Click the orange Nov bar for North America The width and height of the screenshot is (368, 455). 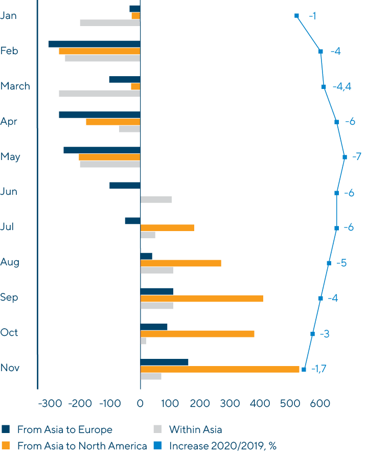tap(220, 369)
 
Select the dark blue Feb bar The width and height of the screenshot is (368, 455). tap(94, 44)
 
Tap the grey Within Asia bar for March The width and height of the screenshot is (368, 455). tap(99, 94)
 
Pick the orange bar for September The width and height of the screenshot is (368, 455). tap(201, 299)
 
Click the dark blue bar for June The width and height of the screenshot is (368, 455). tap(125, 185)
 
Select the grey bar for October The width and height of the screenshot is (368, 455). tap(143, 341)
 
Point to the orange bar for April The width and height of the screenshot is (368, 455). tap(113, 122)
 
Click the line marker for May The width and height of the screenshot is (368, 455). tap(344, 157)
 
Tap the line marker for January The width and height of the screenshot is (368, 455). tap(296, 15)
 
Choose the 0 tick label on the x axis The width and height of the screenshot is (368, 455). tap(140, 404)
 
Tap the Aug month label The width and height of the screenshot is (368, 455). tap(10, 262)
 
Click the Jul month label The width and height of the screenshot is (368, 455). tap(7, 226)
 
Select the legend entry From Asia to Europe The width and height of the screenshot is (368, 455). tap(64, 429)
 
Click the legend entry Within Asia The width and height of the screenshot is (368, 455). tap(195, 429)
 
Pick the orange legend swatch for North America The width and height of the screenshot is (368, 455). tap(6, 446)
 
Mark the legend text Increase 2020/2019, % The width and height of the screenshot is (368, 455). tap(222, 446)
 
